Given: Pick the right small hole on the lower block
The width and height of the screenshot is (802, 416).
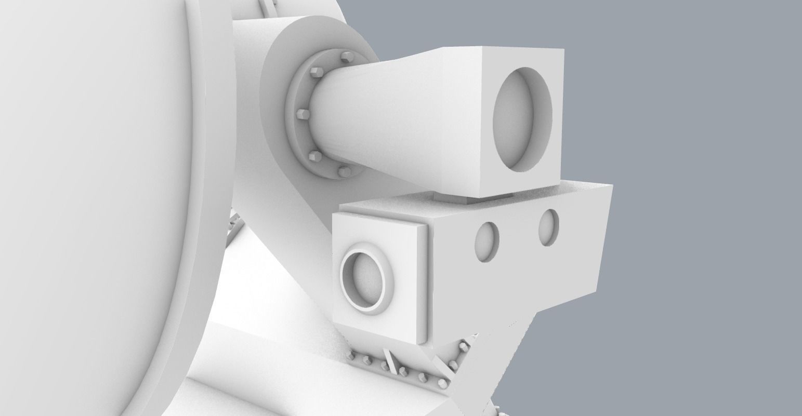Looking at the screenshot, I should tap(549, 227).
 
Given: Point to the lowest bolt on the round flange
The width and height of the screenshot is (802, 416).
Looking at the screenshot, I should tap(344, 171).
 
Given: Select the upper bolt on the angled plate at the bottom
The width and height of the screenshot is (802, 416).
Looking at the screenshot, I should tap(463, 346).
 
